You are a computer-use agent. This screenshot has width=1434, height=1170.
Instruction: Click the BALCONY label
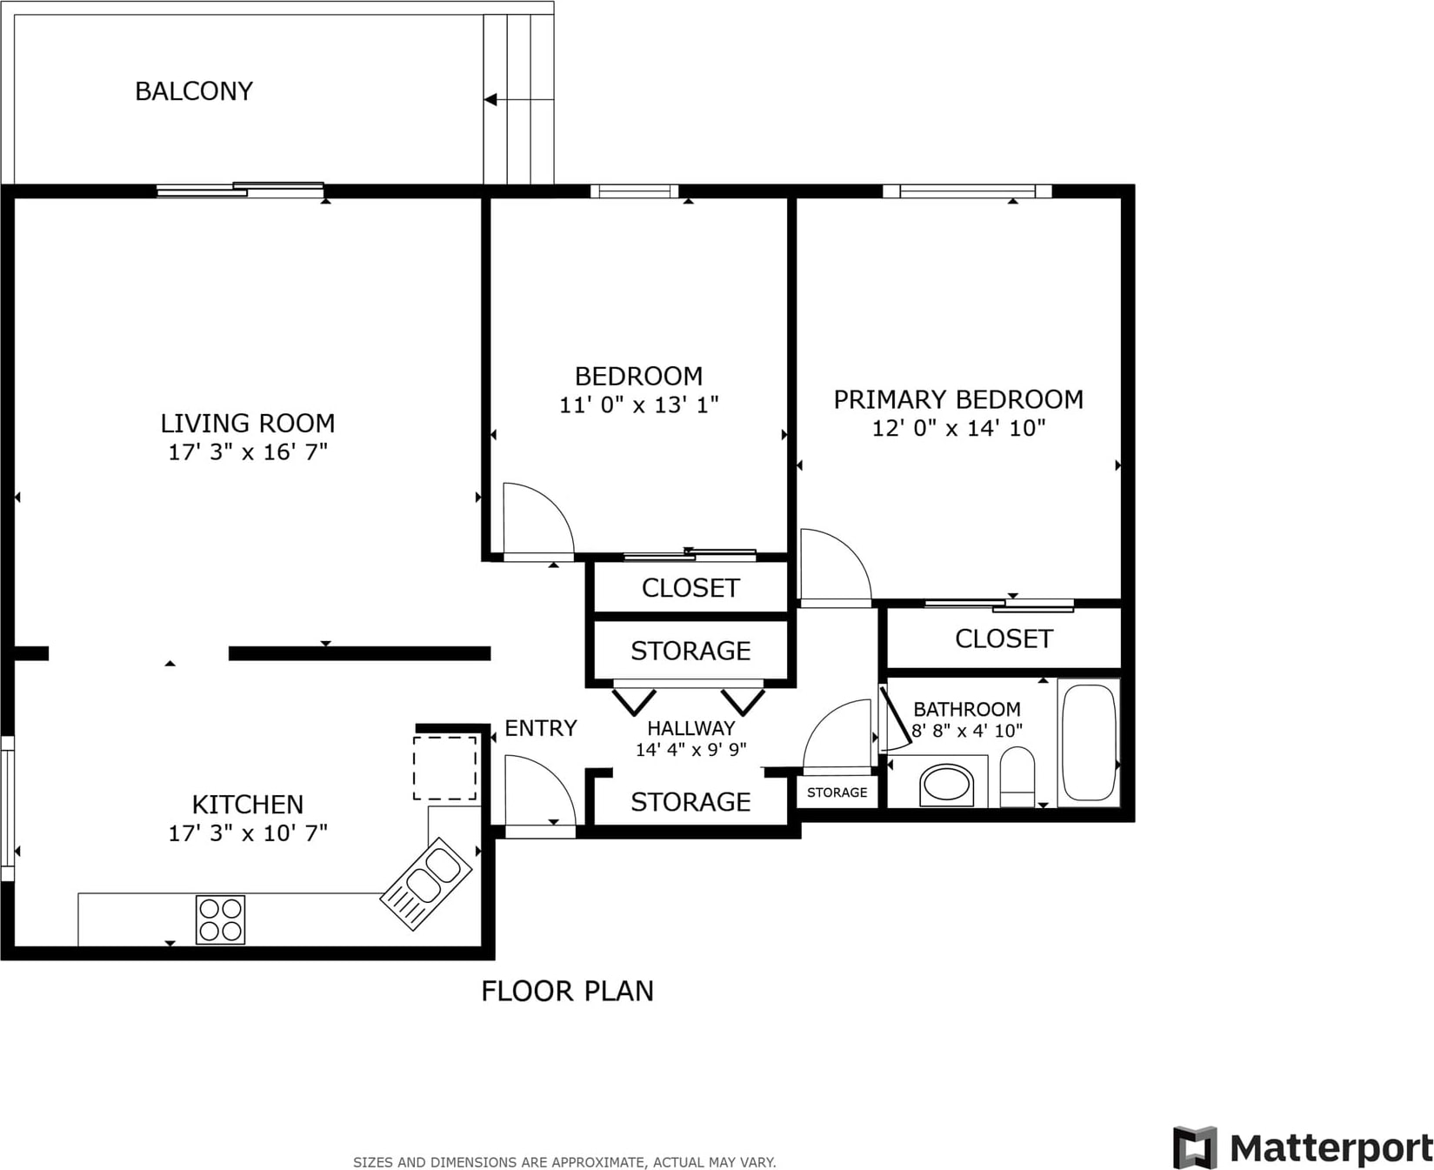(x=194, y=91)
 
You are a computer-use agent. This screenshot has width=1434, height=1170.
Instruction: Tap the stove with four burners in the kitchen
(x=220, y=919)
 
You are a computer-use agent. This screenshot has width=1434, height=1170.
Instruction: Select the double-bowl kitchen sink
(x=426, y=883)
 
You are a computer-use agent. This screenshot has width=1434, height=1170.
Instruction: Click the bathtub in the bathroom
(x=1089, y=742)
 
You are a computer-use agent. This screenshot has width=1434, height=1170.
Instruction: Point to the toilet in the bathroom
(x=1017, y=776)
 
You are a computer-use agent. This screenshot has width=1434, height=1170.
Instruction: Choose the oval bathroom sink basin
(x=946, y=784)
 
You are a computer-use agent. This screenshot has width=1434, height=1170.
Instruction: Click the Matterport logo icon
(x=1195, y=1147)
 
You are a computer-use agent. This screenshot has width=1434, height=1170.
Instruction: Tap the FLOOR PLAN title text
(x=567, y=991)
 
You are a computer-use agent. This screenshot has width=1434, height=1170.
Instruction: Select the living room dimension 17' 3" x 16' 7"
(x=248, y=451)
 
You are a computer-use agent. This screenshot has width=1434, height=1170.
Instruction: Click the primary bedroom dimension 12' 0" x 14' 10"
(x=958, y=428)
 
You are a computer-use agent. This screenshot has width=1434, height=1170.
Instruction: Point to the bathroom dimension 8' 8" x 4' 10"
(x=967, y=731)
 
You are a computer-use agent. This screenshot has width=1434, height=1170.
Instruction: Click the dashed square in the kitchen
(x=444, y=768)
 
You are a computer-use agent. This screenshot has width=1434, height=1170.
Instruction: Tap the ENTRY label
(x=541, y=728)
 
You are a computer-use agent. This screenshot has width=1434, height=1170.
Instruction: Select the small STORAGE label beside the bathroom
(x=837, y=792)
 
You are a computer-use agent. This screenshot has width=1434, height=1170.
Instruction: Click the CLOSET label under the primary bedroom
(x=1004, y=638)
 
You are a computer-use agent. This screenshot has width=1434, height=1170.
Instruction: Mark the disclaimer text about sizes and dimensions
(x=564, y=1162)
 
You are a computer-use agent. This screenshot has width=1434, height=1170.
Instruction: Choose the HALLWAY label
(x=691, y=728)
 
